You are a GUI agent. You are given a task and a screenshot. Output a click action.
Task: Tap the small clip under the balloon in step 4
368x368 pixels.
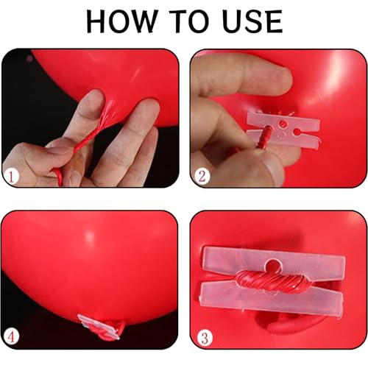click(x=99, y=328)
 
